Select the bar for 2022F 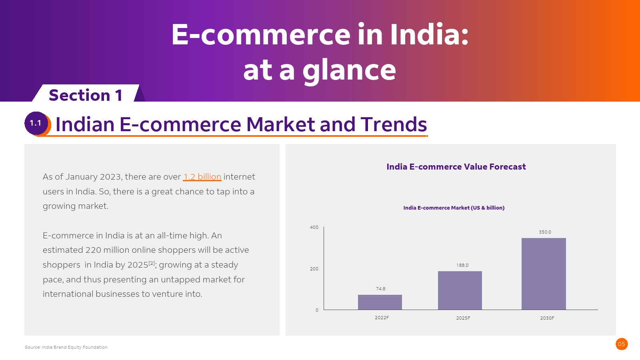click(380, 302)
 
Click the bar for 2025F click(460, 290)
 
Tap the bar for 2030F click(544, 274)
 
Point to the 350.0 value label click(545, 232)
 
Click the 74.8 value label click(380, 289)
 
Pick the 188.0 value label click(462, 265)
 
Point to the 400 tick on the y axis click(314, 227)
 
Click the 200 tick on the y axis click(314, 269)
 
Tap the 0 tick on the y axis click(317, 310)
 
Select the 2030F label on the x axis click(547, 318)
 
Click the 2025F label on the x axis click(463, 318)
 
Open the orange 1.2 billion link click(202, 177)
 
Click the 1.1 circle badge click(36, 123)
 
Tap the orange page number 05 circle click(622, 344)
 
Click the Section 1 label click(86, 95)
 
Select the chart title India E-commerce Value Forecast click(456, 167)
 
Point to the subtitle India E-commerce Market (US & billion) click(454, 208)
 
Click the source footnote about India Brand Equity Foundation click(66, 347)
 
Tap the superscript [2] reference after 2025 click(152, 263)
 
